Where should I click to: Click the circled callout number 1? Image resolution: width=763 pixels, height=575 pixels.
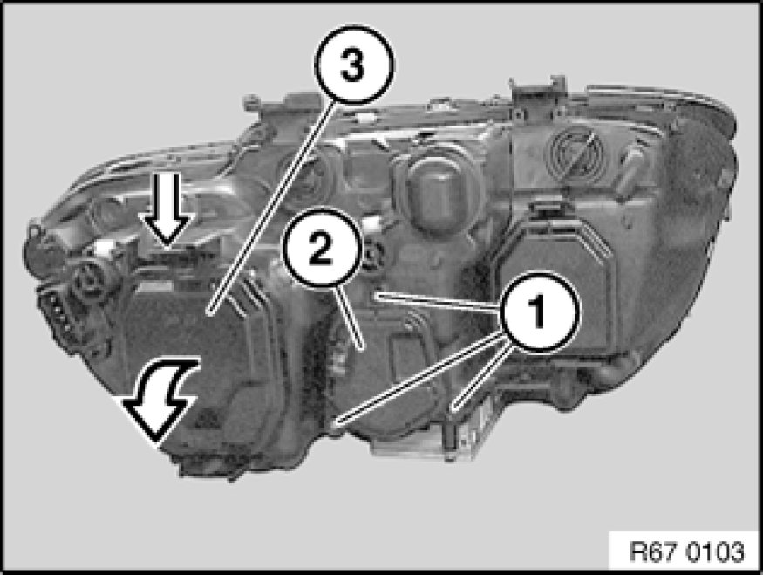(x=539, y=311)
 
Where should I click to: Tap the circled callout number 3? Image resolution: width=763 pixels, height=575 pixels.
(x=354, y=65)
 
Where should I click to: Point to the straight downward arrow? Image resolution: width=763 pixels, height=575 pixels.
(x=167, y=209)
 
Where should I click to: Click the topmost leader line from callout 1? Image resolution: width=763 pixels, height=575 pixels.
(x=439, y=301)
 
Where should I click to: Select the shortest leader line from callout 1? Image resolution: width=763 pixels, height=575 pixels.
(x=480, y=376)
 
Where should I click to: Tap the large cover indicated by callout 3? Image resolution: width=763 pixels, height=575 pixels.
(x=194, y=360)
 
